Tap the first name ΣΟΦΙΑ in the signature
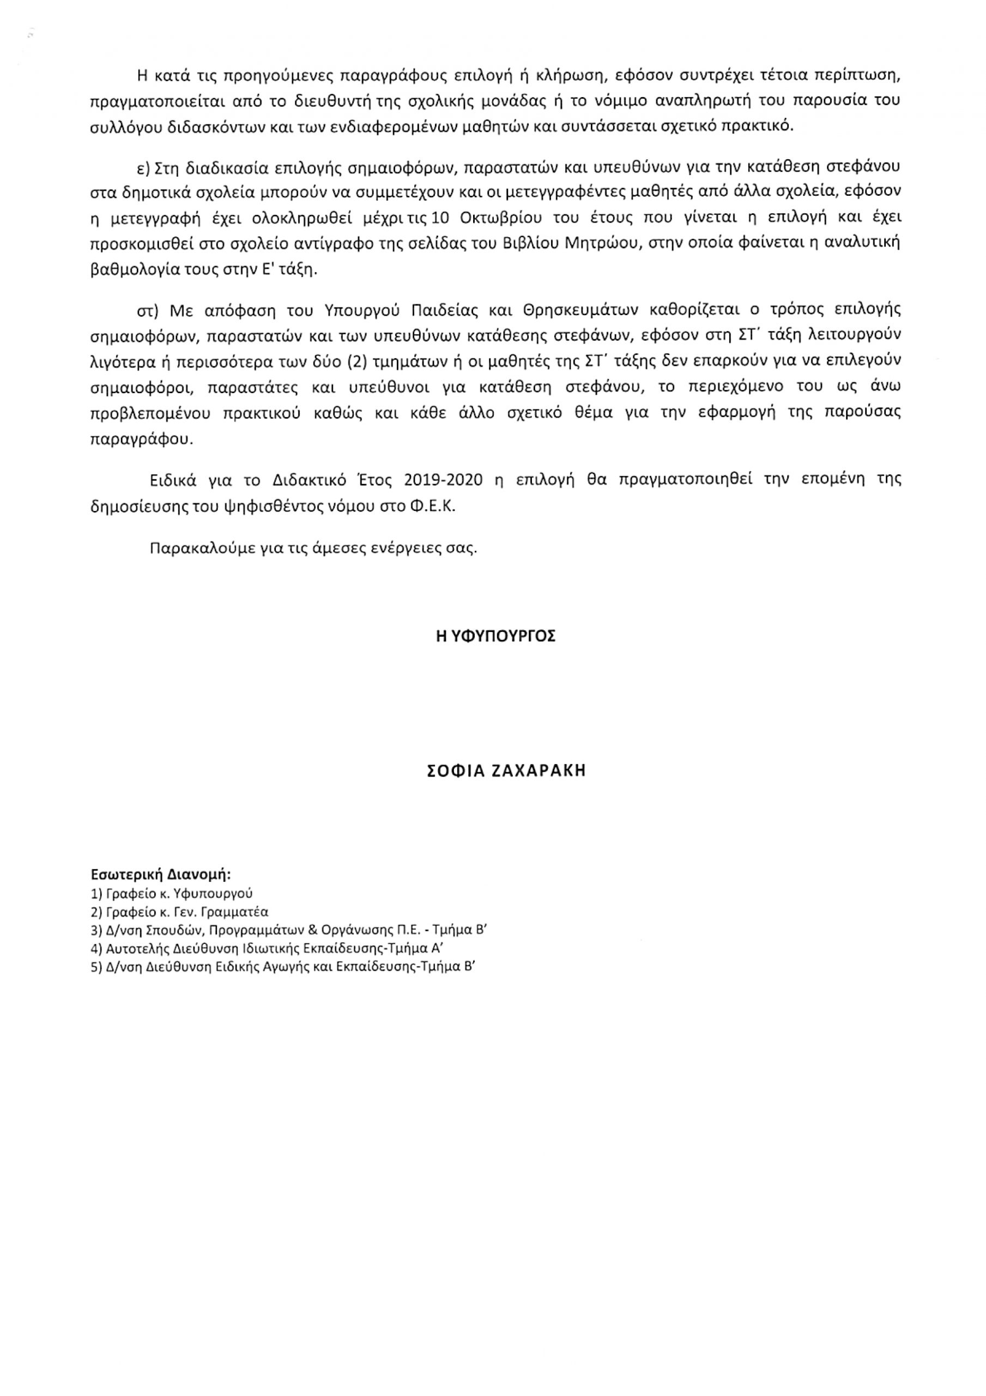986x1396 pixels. click(x=454, y=771)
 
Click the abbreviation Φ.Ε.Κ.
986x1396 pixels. click(x=433, y=507)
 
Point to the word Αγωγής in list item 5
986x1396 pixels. click(x=279, y=967)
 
